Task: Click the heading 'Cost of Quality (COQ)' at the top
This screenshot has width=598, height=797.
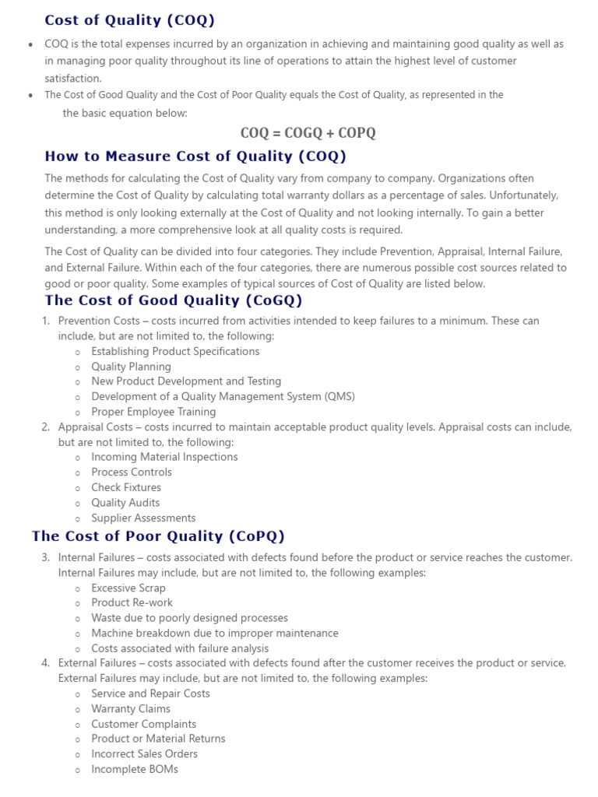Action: click(129, 20)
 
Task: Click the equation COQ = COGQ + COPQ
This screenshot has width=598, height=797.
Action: click(308, 133)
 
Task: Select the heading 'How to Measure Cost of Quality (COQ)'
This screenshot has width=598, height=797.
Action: click(195, 156)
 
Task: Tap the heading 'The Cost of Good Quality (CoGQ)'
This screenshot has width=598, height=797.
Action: click(174, 300)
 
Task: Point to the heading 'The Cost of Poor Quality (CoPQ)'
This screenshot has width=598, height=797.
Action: click(158, 536)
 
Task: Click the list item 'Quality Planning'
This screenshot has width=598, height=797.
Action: click(131, 367)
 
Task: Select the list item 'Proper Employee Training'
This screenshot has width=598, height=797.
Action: click(153, 412)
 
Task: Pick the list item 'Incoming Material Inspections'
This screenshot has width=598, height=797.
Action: click(164, 457)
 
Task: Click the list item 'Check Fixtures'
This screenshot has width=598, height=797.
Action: click(126, 487)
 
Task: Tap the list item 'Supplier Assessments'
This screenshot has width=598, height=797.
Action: click(143, 518)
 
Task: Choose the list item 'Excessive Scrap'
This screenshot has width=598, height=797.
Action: click(128, 588)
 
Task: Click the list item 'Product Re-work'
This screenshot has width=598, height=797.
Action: click(132, 602)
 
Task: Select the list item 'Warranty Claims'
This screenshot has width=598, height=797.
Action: click(131, 708)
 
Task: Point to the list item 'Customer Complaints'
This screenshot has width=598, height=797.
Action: click(143, 724)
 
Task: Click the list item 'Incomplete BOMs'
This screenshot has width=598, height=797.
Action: click(135, 769)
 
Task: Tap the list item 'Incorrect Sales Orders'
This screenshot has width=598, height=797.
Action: click(144, 753)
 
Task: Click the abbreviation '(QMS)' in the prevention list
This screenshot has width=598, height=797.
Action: click(339, 397)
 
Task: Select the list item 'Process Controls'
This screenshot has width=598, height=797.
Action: click(132, 472)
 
